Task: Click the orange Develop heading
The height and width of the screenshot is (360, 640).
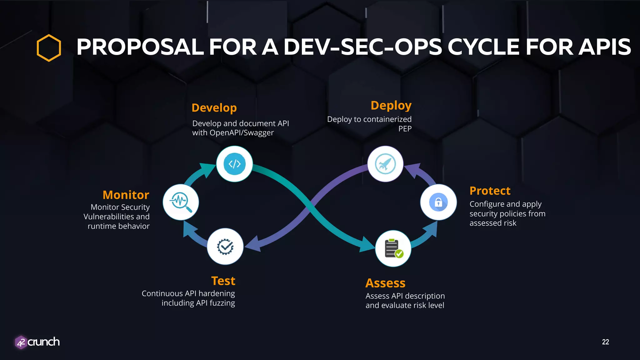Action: [x=214, y=108]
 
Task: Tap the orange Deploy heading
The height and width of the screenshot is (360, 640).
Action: [x=391, y=106]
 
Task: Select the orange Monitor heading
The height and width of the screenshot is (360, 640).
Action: [x=126, y=195]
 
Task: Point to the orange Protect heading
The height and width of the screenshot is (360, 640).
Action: [x=490, y=191]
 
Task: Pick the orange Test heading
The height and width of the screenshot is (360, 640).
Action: [x=223, y=281]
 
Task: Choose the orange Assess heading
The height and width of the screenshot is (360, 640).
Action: [x=385, y=283]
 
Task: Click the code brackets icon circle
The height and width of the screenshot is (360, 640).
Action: [x=234, y=164]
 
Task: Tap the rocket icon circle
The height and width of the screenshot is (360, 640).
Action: [x=385, y=164]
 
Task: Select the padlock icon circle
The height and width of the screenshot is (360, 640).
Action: [x=438, y=202]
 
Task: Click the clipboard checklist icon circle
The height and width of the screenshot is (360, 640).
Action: [x=393, y=248]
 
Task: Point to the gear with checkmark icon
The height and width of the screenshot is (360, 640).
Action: [x=225, y=247]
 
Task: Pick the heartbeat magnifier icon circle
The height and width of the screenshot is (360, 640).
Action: [x=181, y=202]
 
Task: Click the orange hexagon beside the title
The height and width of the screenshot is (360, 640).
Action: [x=49, y=48]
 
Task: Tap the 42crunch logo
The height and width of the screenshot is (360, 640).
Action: [x=37, y=342]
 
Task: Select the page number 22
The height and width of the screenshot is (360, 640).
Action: [x=605, y=342]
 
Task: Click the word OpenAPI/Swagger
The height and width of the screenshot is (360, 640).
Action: [x=242, y=133]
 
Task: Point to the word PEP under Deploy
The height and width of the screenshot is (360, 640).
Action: [x=405, y=129]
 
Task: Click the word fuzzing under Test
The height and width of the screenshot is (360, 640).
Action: [x=222, y=303]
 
